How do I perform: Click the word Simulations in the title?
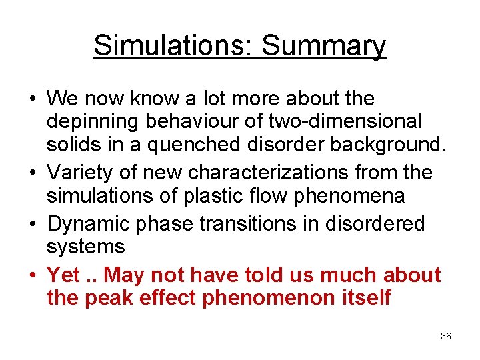pos(171,45)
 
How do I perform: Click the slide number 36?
pos(446,336)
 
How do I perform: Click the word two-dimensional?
pos(345,123)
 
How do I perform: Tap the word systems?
pos(86,247)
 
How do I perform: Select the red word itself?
pos(365,297)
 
